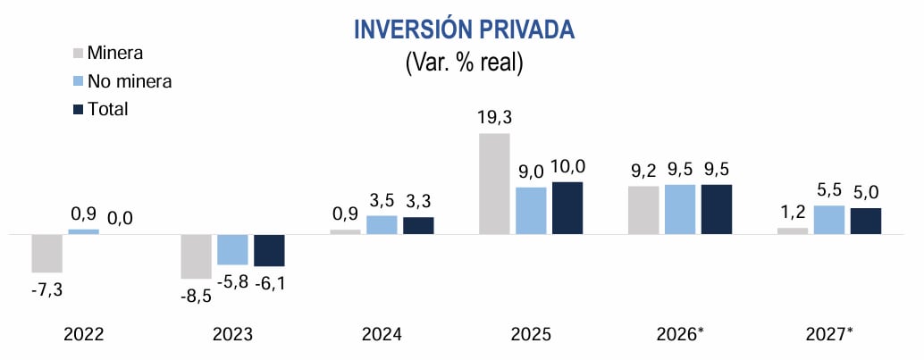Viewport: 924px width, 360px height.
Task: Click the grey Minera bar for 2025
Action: pos(494,184)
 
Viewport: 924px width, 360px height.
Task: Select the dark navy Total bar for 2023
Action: pos(269,250)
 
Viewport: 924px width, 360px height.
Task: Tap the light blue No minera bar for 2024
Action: pos(382,225)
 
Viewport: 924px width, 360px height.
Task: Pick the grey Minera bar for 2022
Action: pos(46,253)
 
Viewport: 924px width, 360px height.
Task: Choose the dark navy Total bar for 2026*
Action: pos(716,210)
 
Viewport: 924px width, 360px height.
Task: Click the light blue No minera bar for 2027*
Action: pos(828,220)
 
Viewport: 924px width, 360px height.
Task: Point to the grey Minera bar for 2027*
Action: pos(792,230)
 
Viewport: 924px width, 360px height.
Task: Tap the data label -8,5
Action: pos(196,296)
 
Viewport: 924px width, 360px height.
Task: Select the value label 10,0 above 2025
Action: pos(567,166)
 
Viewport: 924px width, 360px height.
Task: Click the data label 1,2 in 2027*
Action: pos(792,213)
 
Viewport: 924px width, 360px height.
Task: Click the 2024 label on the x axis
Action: pos(382,335)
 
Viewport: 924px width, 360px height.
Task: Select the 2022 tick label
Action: pos(84,335)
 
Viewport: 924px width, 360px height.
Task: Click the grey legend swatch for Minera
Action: pos(77,53)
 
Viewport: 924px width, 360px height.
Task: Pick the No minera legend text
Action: pos(130,81)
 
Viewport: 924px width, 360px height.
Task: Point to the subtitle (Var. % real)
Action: pos(464,63)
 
